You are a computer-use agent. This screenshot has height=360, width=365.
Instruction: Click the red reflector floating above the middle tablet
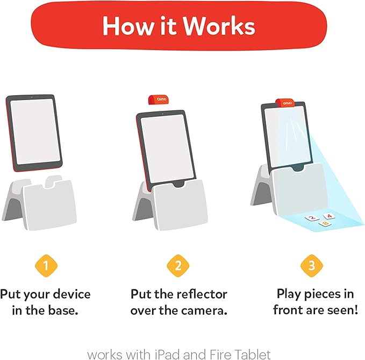click(158, 101)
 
